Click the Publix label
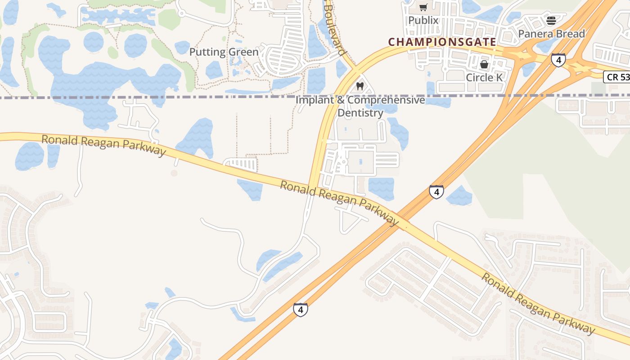point(423,20)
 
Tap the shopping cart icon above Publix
point(423,7)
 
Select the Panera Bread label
point(551,34)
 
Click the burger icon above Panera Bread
point(551,20)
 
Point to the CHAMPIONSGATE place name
point(442,42)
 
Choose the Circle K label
point(484,77)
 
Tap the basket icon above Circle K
point(484,64)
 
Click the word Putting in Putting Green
point(207,52)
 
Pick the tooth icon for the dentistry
point(360,86)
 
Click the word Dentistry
point(360,113)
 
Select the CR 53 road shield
point(616,77)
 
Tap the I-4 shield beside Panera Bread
point(558,60)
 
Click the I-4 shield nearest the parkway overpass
point(436,192)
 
